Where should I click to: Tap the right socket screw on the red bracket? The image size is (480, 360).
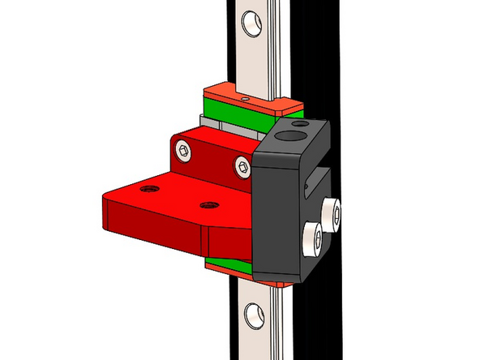click(242, 167)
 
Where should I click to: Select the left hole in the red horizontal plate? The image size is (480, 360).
click(148, 189)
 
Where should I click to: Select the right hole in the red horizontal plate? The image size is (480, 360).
click(210, 206)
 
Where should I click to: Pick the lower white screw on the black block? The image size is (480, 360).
click(312, 238)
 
